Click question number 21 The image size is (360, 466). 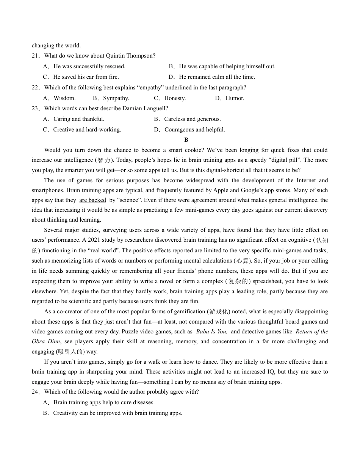(x=36, y=56)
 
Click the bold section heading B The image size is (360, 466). (x=186, y=140)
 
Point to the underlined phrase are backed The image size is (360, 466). (x=92, y=200)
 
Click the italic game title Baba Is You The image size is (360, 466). (x=211, y=332)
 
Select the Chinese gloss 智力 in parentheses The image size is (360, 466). (x=104, y=160)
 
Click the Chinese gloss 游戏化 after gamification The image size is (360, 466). (x=219, y=312)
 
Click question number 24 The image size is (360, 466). (x=36, y=392)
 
